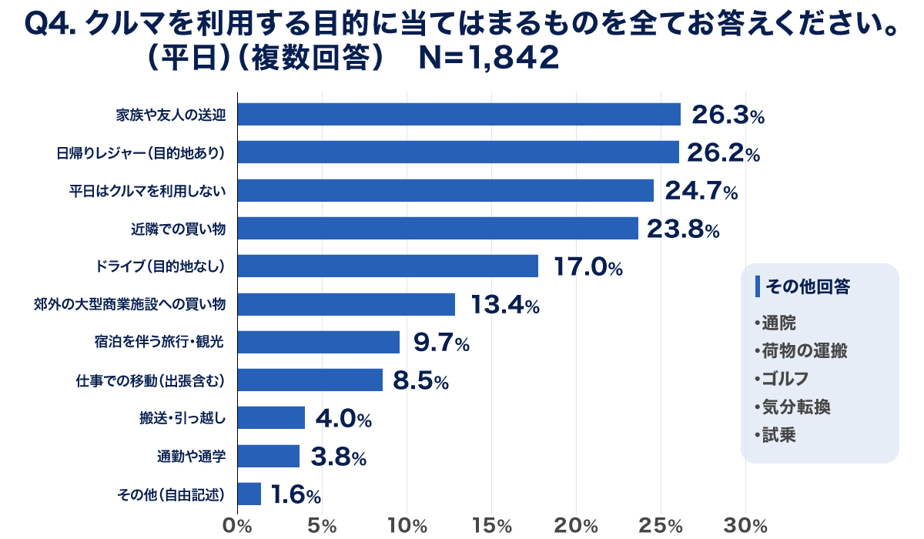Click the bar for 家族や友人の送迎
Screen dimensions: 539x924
(x=459, y=115)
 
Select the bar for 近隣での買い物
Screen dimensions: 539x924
(x=437, y=229)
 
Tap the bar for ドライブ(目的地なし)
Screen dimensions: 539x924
(x=387, y=266)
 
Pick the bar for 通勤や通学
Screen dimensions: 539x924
(x=268, y=457)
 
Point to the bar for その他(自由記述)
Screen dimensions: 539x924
(x=249, y=494)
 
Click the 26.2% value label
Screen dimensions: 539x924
(x=723, y=153)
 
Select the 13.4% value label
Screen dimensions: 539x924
(x=504, y=305)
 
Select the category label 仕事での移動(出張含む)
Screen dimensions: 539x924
(x=155, y=380)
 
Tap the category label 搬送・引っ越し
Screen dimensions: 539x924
(x=182, y=419)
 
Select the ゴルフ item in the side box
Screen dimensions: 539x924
(x=784, y=378)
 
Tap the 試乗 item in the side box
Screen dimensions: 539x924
(x=778, y=435)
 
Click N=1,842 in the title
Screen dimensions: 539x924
(x=488, y=60)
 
